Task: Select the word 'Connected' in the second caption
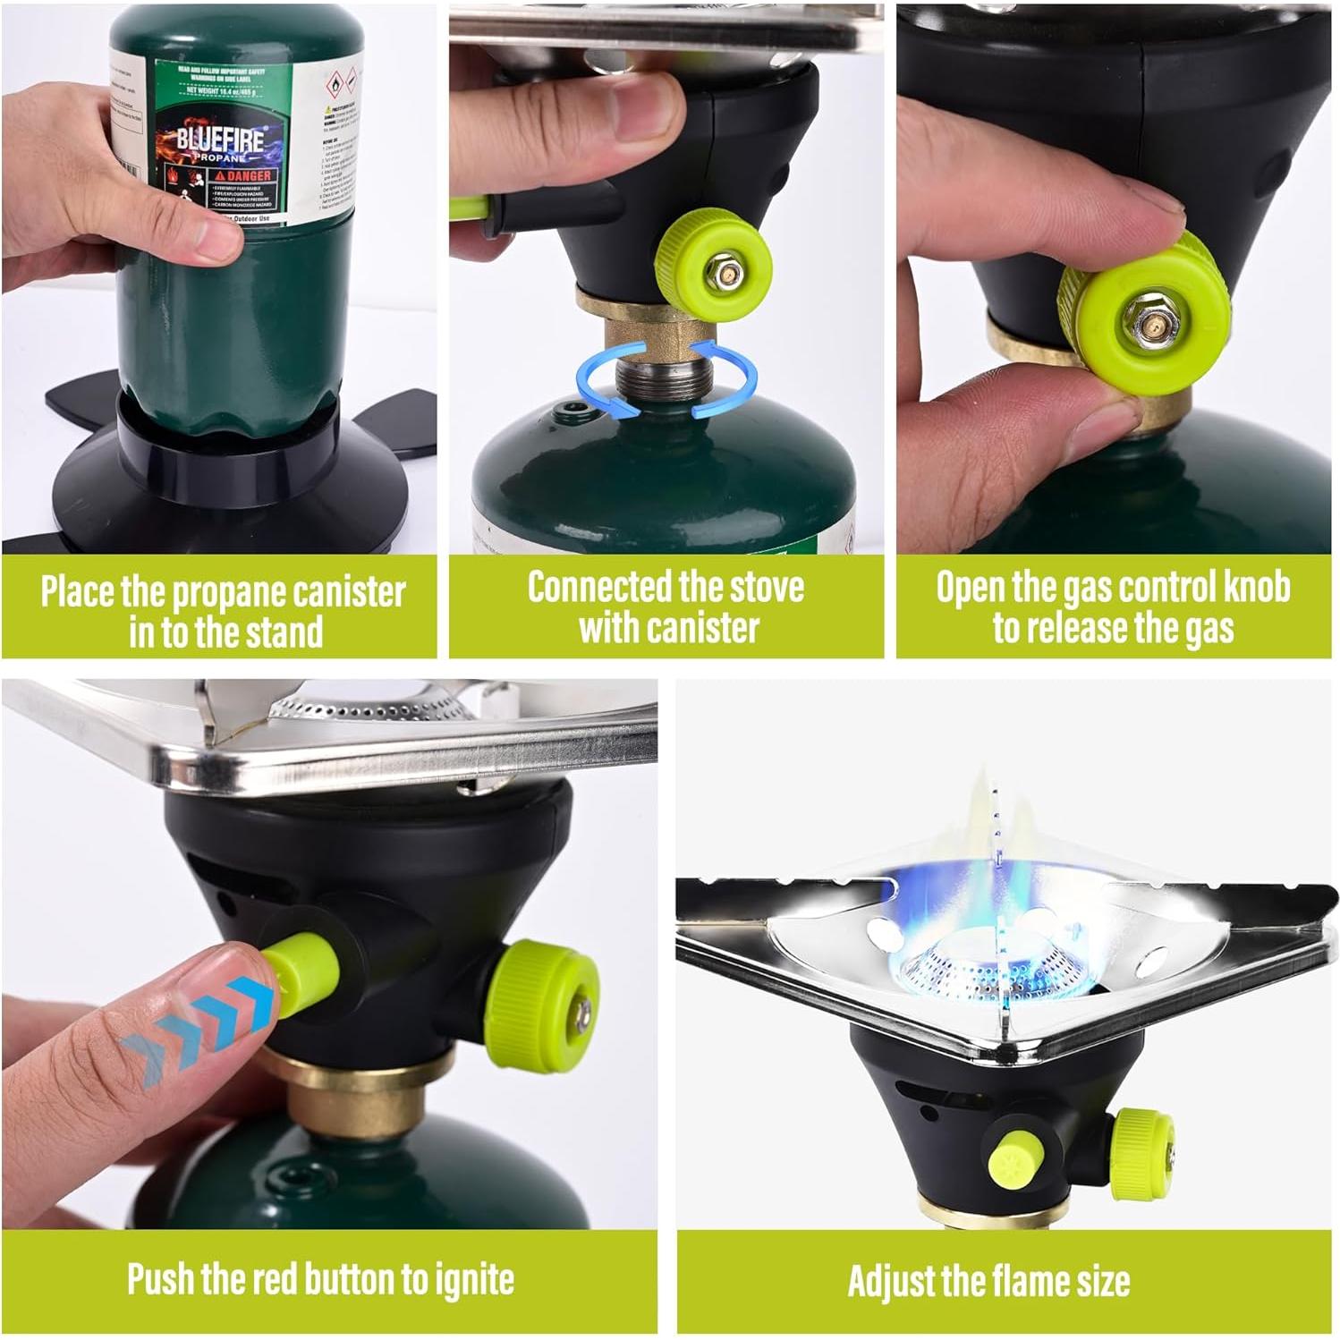point(597,588)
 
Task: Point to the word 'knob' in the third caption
point(1252,588)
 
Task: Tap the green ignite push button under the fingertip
point(304,971)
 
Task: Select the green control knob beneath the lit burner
point(1142,1154)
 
